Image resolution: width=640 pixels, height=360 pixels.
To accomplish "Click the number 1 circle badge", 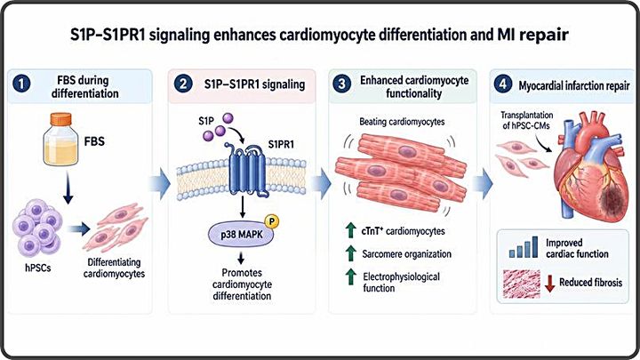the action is tap(21, 84).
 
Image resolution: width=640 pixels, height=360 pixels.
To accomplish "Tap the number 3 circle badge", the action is tap(342, 84).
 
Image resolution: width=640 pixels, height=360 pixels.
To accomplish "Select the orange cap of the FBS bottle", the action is tap(60, 120).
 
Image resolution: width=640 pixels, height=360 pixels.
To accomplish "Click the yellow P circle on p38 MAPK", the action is tap(272, 221).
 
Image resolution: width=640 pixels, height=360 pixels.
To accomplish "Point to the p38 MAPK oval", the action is tap(242, 235).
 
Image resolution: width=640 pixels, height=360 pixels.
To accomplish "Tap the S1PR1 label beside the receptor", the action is tap(281, 145).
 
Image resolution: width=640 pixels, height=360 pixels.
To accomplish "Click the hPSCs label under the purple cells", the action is tap(38, 268).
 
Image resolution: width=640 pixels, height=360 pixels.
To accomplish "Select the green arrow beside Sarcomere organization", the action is tap(350, 253).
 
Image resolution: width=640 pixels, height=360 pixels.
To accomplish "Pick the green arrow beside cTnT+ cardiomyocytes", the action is tap(350, 230).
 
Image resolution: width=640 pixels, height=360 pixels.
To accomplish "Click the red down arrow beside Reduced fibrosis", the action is tap(550, 284).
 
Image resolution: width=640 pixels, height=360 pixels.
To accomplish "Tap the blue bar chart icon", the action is tap(524, 247).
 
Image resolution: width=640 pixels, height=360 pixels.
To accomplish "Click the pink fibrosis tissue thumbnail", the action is tap(522, 284).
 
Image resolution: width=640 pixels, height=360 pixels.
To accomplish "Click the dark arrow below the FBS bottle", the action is tap(68, 187).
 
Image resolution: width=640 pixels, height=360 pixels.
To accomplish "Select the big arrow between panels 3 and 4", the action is tap(483, 183).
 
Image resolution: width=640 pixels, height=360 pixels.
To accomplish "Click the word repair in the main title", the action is tap(544, 35).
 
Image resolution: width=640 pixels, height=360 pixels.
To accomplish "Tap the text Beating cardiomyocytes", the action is tap(402, 122).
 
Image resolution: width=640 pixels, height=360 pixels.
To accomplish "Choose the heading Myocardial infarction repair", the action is tap(574, 85).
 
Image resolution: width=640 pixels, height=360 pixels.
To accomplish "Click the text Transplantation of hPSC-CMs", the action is tap(526, 120).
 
